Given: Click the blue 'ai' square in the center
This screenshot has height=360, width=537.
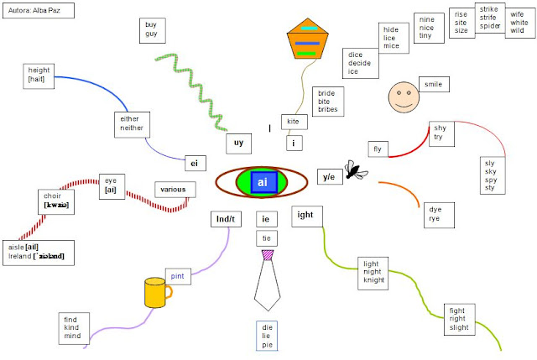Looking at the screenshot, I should tap(263, 182).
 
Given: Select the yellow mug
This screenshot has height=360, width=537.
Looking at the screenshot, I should tap(155, 293).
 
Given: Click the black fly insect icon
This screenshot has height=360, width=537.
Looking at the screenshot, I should tap(357, 172).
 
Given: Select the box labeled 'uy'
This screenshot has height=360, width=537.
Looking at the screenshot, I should tap(238, 143).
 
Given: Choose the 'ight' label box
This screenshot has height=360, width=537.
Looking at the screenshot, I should tap(305, 216).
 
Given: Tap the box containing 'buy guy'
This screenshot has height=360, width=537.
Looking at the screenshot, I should tap(152, 30).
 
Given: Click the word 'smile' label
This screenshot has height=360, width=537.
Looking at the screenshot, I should tap(433, 84).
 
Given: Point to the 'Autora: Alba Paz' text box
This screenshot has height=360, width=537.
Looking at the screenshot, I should tap(37, 12).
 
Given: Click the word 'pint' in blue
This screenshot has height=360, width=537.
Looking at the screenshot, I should tap(178, 275).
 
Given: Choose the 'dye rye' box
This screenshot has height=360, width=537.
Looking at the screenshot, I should tap(435, 214).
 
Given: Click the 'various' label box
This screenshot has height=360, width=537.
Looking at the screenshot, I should tap(175, 189).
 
